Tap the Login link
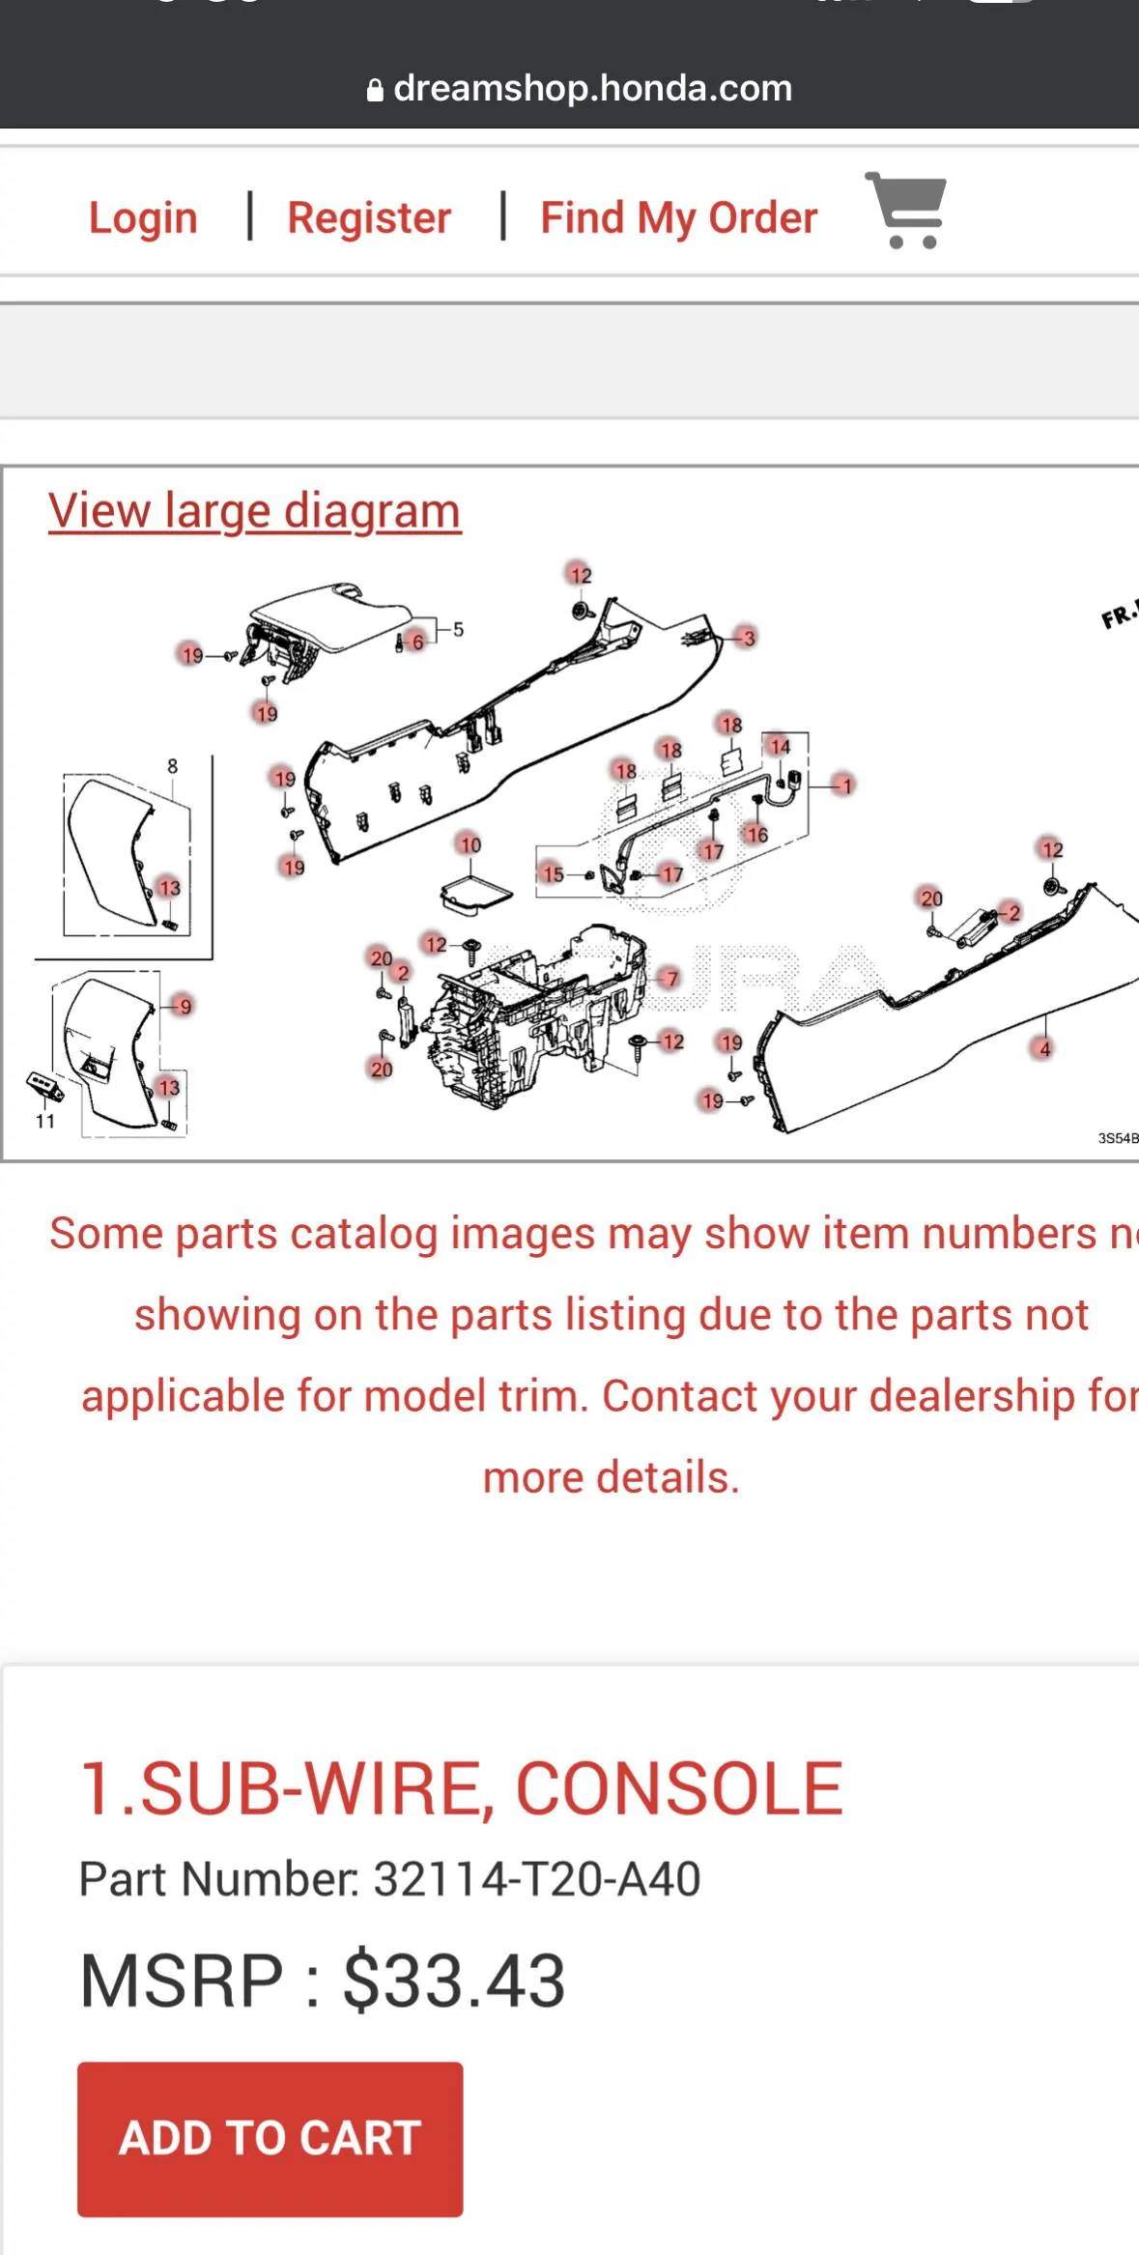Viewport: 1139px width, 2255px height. point(143,217)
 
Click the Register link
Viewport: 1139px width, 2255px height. point(369,217)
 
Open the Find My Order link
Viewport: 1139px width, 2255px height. point(678,217)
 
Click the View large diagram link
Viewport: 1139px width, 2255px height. point(254,511)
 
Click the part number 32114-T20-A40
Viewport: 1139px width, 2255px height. point(536,1878)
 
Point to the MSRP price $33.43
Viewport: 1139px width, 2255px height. point(453,1980)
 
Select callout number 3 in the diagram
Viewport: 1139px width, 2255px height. point(748,638)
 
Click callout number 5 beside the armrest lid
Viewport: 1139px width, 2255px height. point(458,630)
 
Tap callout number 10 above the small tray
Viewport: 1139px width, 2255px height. point(470,844)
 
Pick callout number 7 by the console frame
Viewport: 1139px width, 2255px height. point(671,979)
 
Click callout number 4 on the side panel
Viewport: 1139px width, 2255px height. point(1044,1049)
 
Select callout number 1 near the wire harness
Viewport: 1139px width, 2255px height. point(846,785)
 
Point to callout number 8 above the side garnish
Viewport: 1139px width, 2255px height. point(172,766)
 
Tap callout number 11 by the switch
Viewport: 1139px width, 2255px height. point(45,1121)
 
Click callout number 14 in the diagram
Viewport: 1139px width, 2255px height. point(780,746)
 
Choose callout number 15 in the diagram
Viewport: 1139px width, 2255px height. point(553,873)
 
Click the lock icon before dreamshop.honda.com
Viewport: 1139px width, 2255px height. point(375,91)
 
